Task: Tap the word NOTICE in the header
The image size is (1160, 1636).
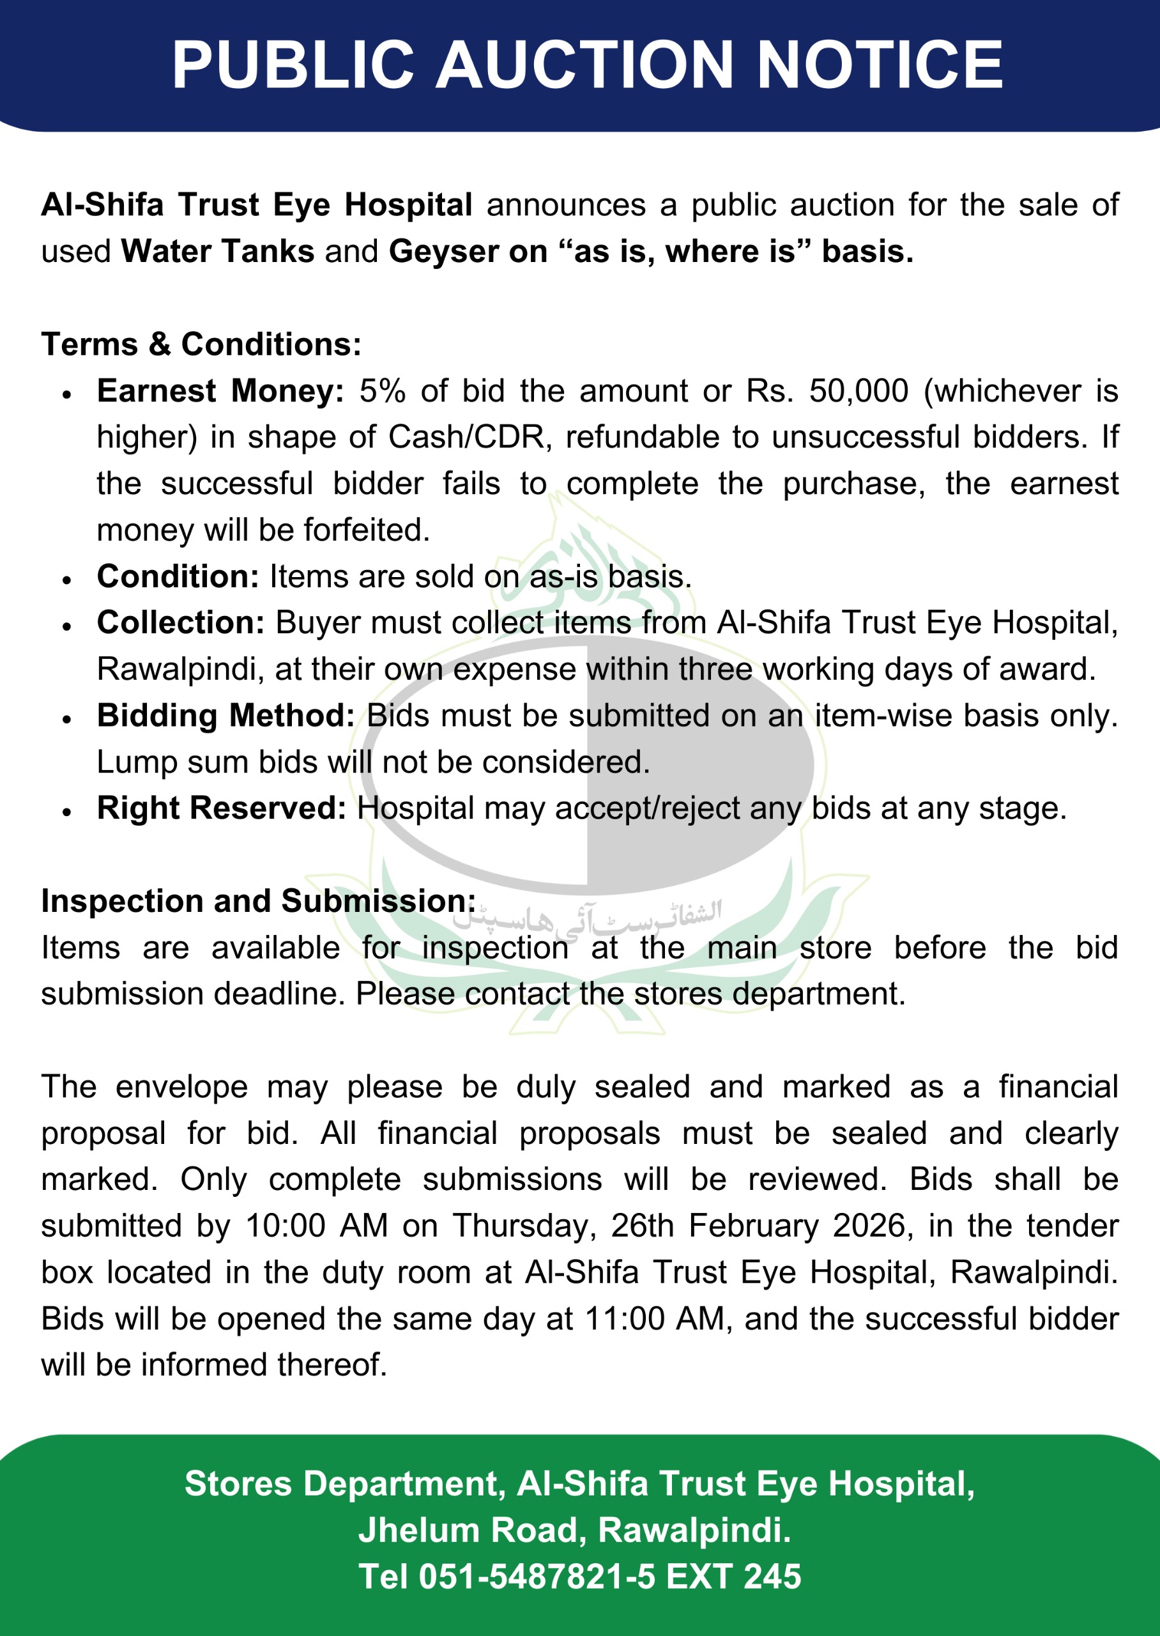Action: [880, 65]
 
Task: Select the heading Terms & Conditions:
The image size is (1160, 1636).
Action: [201, 344]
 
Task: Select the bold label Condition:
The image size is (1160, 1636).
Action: [178, 576]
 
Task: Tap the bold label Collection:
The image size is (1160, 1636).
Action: [181, 623]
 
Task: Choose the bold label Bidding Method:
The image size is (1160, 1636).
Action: [225, 716]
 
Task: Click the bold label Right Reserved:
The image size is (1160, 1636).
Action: [222, 808]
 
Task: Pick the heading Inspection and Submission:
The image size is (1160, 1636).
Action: [258, 901]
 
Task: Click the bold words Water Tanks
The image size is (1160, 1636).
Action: [217, 252]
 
